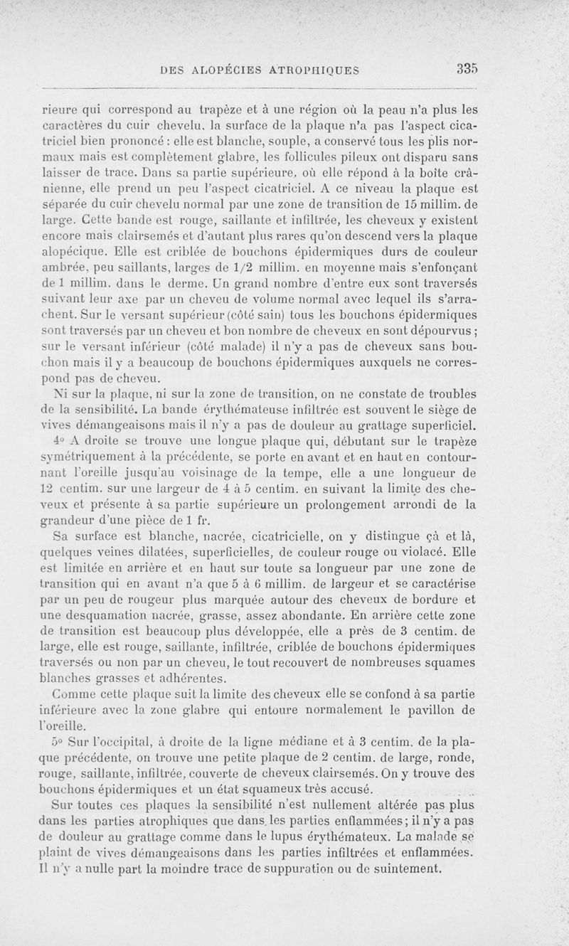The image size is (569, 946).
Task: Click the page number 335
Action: click(467, 69)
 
